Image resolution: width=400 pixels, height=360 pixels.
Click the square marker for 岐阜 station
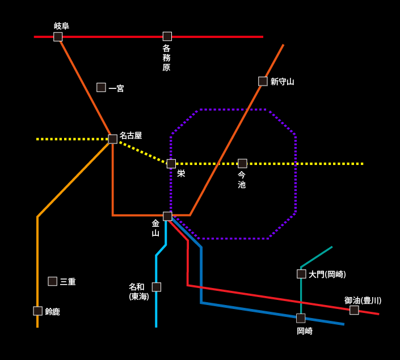pos(58,37)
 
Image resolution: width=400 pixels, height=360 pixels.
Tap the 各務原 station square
pos(167,36)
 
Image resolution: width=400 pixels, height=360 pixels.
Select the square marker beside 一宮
pos(101,87)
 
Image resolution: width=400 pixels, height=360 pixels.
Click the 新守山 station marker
pos(263,81)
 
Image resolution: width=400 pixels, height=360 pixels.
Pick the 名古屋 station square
pos(113,139)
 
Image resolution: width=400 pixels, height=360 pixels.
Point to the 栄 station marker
pos(171,164)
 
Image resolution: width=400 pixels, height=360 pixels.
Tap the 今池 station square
pos(242,163)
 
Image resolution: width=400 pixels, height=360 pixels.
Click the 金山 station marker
pos(167,216)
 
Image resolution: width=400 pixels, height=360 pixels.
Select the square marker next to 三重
pos(53,281)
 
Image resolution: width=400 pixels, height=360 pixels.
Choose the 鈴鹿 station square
pos(38,311)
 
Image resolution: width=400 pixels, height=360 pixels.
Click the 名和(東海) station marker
pos(157,287)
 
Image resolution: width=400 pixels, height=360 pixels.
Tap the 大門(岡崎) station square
pos(301,274)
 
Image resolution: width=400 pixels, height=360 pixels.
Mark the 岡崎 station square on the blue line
pos(301,318)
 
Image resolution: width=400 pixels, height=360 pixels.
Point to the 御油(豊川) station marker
pos(354,310)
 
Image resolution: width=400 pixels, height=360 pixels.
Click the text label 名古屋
pos(130,135)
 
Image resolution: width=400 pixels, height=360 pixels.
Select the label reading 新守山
pos(282,82)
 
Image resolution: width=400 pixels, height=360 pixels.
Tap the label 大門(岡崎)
pos(327,274)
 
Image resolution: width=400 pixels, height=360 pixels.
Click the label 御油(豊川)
pos(363,300)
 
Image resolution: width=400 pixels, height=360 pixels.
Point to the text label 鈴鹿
pos(52,312)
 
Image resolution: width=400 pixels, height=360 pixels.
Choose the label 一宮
pos(116,88)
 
